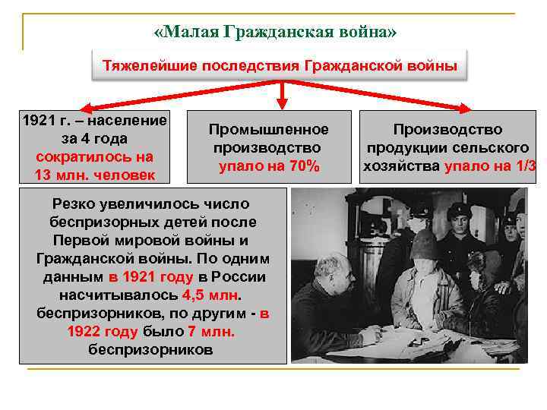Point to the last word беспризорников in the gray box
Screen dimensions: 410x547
[150, 350]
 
